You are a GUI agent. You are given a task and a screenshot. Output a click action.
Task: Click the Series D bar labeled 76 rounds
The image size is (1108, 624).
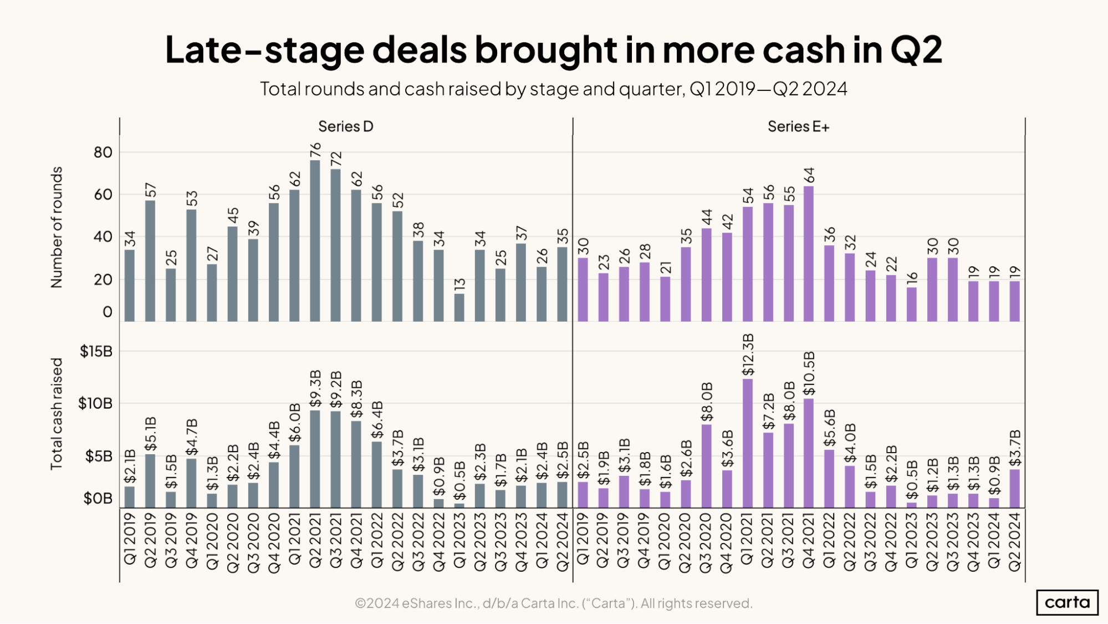[315, 241]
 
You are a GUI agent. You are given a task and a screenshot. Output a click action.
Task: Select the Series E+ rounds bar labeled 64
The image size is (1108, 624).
[809, 253]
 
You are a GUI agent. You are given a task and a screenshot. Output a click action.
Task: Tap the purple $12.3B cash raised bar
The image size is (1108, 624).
[747, 443]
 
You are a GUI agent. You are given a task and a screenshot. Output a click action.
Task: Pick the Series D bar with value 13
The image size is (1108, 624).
[459, 307]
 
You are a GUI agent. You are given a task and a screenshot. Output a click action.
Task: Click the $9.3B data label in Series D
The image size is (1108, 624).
[315, 388]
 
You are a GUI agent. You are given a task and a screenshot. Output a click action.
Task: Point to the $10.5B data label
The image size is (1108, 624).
[809, 373]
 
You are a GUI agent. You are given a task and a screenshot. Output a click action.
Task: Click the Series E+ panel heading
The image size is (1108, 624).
[798, 127]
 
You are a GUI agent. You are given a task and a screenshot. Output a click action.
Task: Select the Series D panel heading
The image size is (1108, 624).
[345, 127]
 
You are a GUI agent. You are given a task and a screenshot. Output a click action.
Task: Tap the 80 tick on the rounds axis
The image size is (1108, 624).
[103, 153]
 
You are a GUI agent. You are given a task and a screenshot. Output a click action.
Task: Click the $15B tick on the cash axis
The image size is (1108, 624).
[96, 352]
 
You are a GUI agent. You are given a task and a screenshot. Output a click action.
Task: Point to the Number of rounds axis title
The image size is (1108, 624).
[57, 227]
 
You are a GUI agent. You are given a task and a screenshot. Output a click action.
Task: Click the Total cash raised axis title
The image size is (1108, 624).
[57, 414]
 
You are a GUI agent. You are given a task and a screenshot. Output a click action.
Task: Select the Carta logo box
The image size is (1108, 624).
[1067, 602]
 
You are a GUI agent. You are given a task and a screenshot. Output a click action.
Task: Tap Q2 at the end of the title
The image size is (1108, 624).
[916, 50]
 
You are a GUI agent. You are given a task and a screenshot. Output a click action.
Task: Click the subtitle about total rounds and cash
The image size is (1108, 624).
[553, 89]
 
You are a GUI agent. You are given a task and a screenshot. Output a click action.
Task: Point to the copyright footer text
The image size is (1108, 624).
[553, 603]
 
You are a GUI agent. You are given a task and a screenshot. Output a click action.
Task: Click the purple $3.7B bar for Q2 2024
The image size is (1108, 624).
[1015, 489]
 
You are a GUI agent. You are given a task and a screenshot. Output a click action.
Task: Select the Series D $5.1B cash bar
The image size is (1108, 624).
[150, 481]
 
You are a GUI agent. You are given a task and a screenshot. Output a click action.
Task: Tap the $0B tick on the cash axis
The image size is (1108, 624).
[98, 499]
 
